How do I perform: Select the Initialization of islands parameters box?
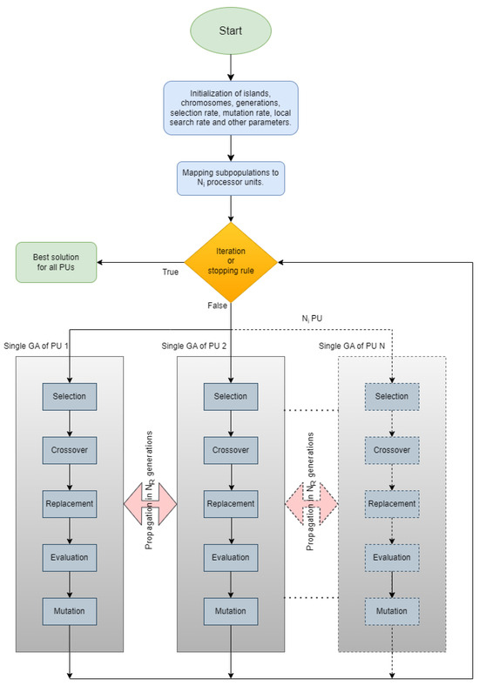(230, 107)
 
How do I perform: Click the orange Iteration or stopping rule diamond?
(231, 259)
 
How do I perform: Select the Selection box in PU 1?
(70, 397)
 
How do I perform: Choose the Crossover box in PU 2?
(230, 450)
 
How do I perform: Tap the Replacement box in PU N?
(391, 503)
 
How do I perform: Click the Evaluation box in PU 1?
(70, 556)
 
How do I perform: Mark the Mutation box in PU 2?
(230, 609)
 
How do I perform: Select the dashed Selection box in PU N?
(391, 397)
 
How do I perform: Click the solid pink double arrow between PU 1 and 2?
(150, 503)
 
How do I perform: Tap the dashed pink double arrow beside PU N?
(311, 503)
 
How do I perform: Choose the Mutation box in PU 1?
(70, 609)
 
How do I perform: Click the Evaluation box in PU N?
(391, 556)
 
